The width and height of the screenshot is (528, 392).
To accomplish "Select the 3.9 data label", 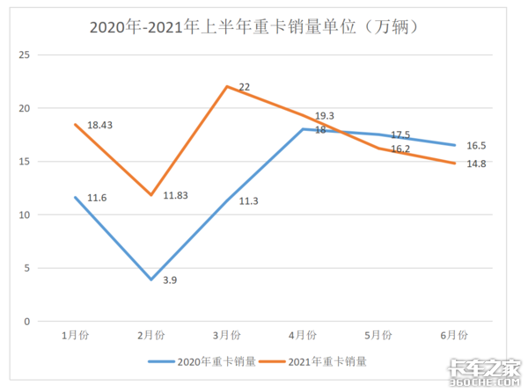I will (x=170, y=280).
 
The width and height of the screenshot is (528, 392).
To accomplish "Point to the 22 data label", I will (x=245, y=87).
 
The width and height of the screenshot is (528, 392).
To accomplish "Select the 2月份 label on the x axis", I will (x=151, y=335).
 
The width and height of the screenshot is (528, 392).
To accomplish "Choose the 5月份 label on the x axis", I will (x=378, y=335).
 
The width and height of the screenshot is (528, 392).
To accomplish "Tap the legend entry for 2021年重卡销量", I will (x=319, y=360).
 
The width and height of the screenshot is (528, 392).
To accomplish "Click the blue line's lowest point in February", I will (x=151, y=279).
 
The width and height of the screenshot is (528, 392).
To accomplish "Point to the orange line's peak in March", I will (x=227, y=86).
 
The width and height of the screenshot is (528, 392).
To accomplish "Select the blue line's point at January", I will (x=76, y=197).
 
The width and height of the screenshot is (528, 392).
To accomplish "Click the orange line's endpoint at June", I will (x=454, y=163).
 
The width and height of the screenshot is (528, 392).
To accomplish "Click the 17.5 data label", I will (x=401, y=135).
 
